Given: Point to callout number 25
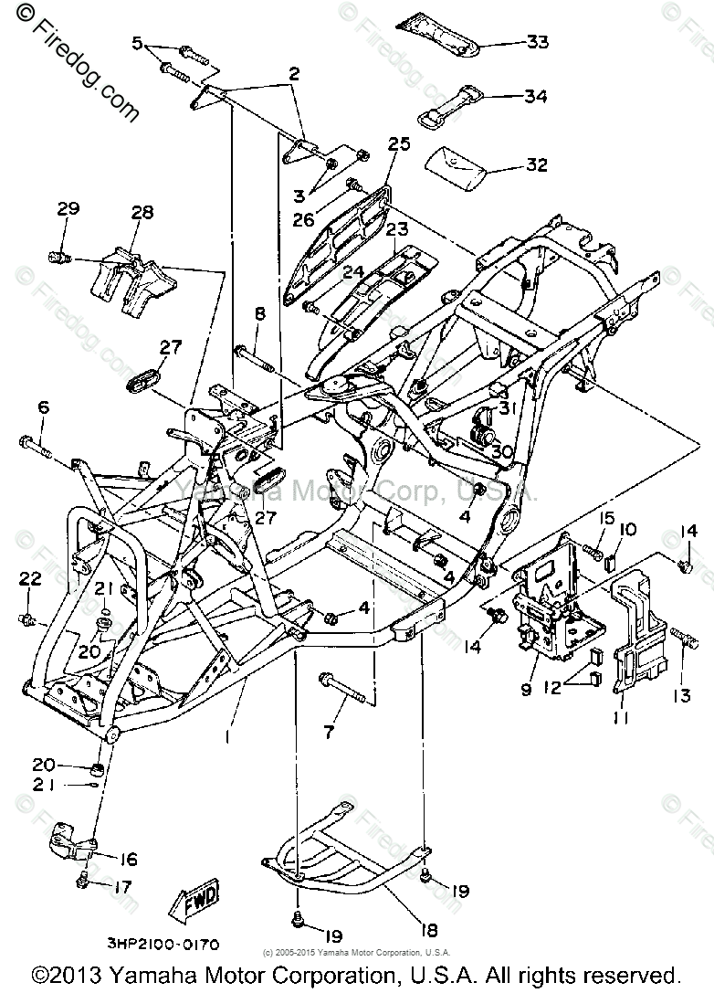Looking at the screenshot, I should [399, 144].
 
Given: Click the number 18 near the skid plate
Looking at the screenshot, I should [428, 930].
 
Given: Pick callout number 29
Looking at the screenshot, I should [68, 209].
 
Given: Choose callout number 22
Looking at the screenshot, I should [30, 577].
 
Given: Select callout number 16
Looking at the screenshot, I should [128, 859].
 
